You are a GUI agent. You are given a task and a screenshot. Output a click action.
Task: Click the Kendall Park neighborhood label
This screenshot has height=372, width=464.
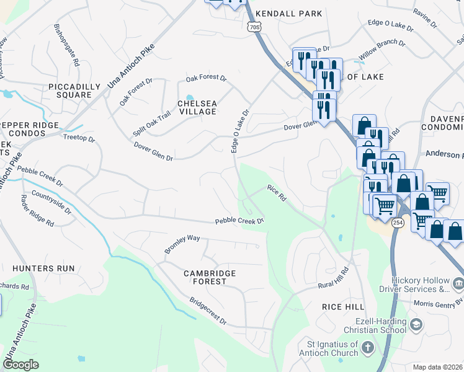[x=289, y=13]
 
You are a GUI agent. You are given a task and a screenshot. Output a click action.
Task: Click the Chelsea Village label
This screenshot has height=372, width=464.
[x=197, y=107]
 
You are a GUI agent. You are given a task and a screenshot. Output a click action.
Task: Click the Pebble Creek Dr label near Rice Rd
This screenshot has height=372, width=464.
[x=240, y=221]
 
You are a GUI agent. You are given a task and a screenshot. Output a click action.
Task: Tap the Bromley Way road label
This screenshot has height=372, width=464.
[x=182, y=244]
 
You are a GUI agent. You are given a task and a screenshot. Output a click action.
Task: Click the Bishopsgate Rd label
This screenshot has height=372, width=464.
[x=67, y=45]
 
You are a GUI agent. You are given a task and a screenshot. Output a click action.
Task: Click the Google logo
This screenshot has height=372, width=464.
[x=21, y=364]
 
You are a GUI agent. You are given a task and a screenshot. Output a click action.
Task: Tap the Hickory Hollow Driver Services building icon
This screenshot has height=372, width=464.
[x=458, y=284]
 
